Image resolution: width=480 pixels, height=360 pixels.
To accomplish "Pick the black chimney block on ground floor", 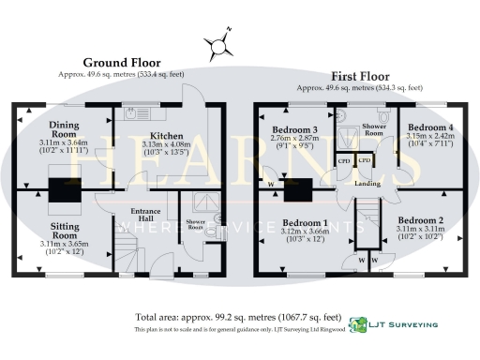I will click(65, 189).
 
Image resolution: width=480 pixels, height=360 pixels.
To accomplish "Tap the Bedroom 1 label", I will click(301, 223).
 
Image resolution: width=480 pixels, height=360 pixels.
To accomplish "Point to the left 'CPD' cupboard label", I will click(344, 160).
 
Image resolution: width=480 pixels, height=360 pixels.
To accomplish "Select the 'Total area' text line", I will click(238, 317).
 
